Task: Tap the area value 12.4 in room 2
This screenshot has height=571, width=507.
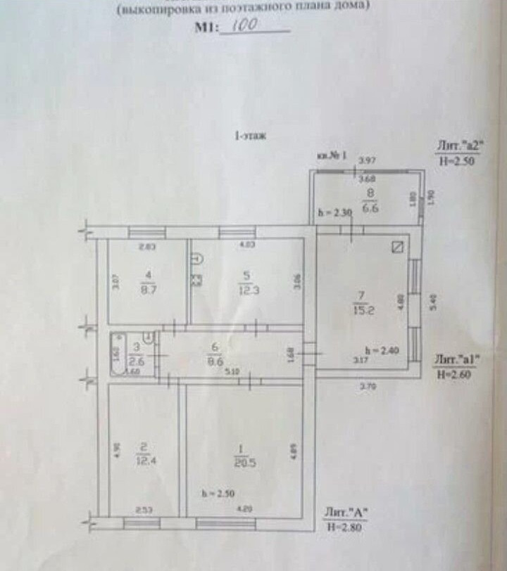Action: click(143, 460)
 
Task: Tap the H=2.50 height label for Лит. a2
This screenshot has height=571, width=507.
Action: click(457, 160)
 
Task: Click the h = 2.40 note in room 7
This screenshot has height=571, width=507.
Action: click(382, 350)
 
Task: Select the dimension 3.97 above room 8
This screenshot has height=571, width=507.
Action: click(367, 160)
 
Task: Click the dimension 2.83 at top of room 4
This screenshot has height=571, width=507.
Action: click(146, 246)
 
